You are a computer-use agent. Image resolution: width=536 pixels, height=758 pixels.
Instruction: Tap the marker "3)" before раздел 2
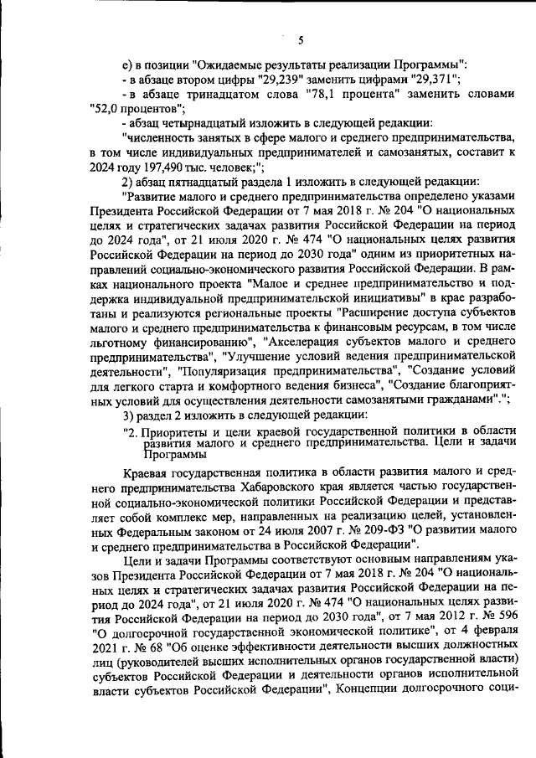point(129,416)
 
